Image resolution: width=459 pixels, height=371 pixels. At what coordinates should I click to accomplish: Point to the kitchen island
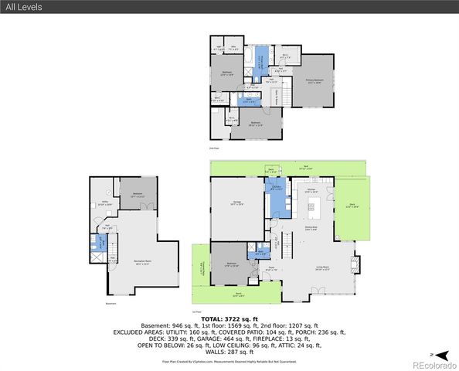(315, 207)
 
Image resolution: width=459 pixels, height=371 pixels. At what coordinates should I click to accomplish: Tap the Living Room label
(321, 268)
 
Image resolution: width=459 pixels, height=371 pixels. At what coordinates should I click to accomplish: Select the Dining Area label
(311, 229)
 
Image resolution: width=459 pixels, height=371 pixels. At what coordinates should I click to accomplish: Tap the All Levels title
(24, 7)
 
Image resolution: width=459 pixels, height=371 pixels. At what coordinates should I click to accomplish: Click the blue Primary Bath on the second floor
(261, 61)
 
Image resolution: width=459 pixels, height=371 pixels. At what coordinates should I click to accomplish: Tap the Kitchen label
(311, 190)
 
